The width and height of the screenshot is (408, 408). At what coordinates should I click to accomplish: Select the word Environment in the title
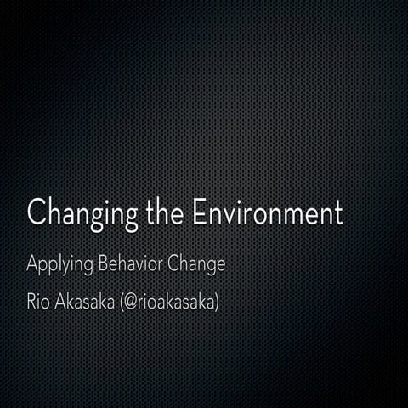point(266,212)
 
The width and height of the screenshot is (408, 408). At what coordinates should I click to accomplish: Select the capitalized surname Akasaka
point(86,301)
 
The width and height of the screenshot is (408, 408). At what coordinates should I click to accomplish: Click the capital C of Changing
point(37,212)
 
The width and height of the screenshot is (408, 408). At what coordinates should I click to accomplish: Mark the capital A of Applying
point(32,263)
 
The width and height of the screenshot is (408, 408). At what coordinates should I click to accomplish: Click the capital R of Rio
point(31,301)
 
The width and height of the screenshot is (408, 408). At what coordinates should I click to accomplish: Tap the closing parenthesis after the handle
point(217,302)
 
